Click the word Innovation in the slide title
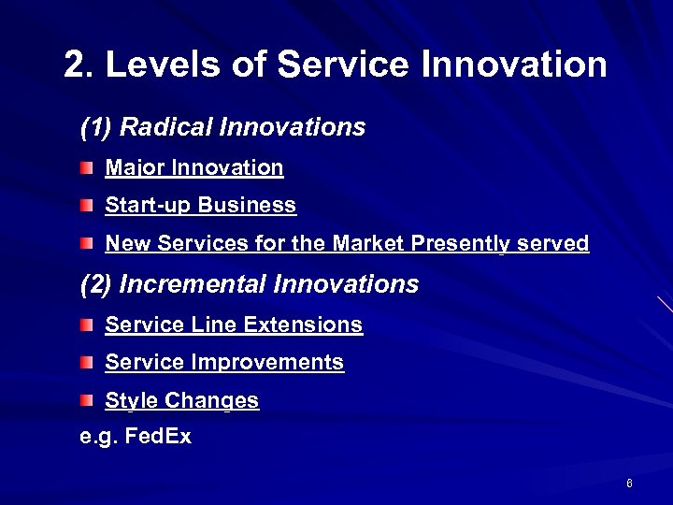point(514,65)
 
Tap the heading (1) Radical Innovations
point(222,127)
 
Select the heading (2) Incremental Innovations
point(250,284)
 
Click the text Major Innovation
point(193,168)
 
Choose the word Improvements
point(267,363)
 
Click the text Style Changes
point(181,401)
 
